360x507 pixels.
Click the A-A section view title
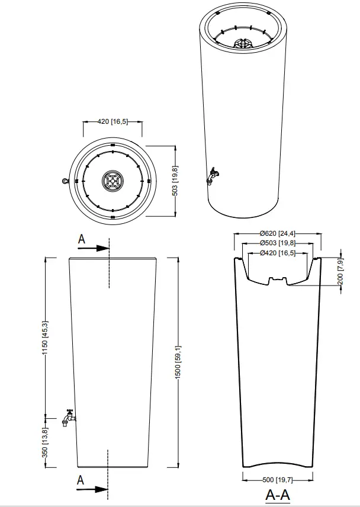[x=277, y=495]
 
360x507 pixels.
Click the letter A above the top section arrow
[x=82, y=239]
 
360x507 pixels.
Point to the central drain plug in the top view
[x=112, y=181]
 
